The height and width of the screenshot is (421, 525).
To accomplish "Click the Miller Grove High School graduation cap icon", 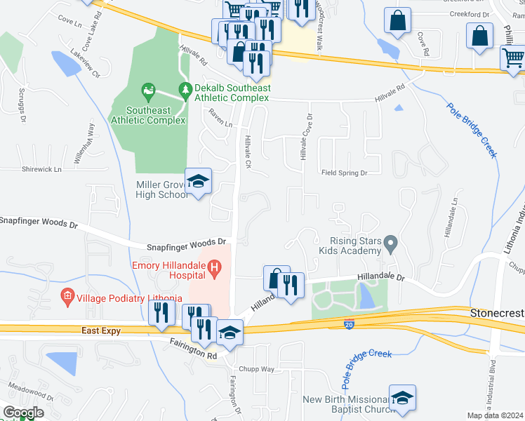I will pos(198,182).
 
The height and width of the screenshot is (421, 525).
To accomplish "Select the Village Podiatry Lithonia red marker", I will pos(67,297).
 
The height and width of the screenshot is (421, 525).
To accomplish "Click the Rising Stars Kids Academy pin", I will pos(392,245).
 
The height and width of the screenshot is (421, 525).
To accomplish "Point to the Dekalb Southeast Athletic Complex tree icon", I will pos(185,89).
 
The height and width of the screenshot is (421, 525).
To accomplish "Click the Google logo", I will pos(23,413).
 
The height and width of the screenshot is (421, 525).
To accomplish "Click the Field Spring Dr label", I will pos(345,173).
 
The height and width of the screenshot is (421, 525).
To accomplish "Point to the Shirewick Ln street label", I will pos(41,169).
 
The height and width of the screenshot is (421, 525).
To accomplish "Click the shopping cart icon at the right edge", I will pos(514,58).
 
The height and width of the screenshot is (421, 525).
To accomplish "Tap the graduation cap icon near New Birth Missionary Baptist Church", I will pos(402,398).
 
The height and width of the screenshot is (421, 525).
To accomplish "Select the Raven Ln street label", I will pos(219,121).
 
